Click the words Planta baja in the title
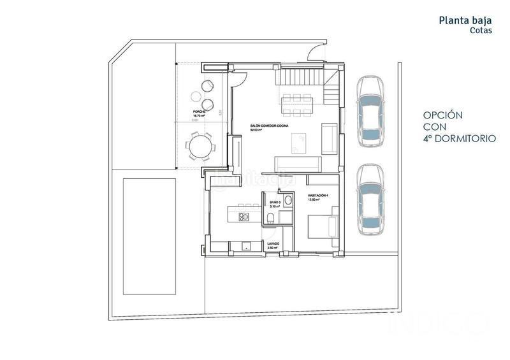click(x=465, y=20)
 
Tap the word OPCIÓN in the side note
click(x=443, y=115)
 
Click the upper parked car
click(x=370, y=110)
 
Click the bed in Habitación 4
click(x=321, y=226)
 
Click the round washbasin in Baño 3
click(x=288, y=200)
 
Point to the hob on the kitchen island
click(x=243, y=217)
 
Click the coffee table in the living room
click(x=298, y=141)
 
